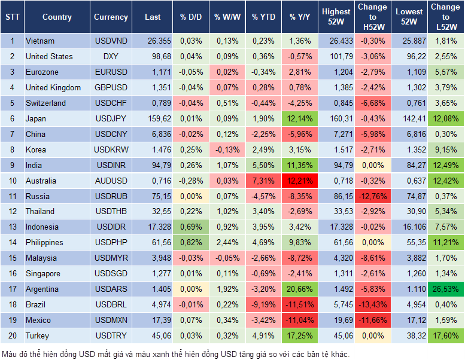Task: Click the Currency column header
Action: point(111,17)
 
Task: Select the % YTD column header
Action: point(263,17)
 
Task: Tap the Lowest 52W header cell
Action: point(410,17)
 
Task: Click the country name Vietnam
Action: point(40,41)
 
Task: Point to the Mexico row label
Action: point(38,321)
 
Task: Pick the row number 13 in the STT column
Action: point(12,227)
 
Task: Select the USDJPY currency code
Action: point(110,118)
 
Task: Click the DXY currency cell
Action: point(110,56)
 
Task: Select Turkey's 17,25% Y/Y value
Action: point(300,336)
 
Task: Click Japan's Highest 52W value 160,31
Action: point(336,118)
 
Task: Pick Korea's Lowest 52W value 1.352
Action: point(410,150)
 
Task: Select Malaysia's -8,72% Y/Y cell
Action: point(300,258)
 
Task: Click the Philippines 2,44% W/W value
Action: point(226,243)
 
